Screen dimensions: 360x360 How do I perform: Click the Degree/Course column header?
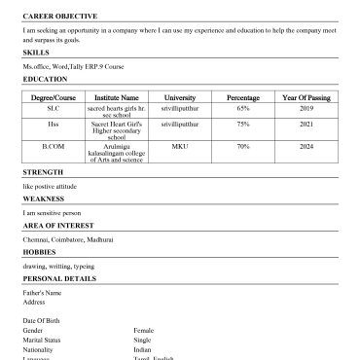point(53,98)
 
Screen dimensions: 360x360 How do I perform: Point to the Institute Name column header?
point(116,98)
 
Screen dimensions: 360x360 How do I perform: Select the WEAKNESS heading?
point(43,198)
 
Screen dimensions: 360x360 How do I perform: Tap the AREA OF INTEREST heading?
point(57,226)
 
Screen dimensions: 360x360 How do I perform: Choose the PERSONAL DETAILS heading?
point(59,278)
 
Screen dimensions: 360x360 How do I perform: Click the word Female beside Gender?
point(144,330)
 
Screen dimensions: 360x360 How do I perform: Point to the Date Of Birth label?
point(42,320)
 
